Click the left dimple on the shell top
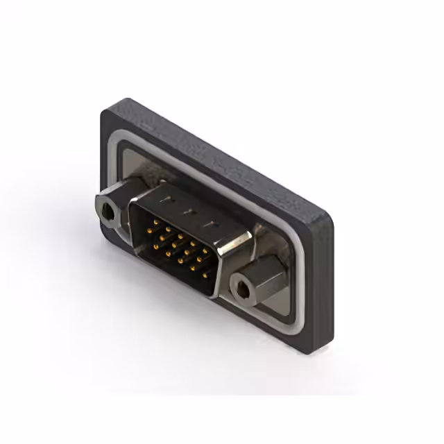[168, 198]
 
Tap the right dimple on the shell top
[210, 223]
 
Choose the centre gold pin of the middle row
[174, 245]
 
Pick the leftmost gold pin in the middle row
[149, 230]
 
